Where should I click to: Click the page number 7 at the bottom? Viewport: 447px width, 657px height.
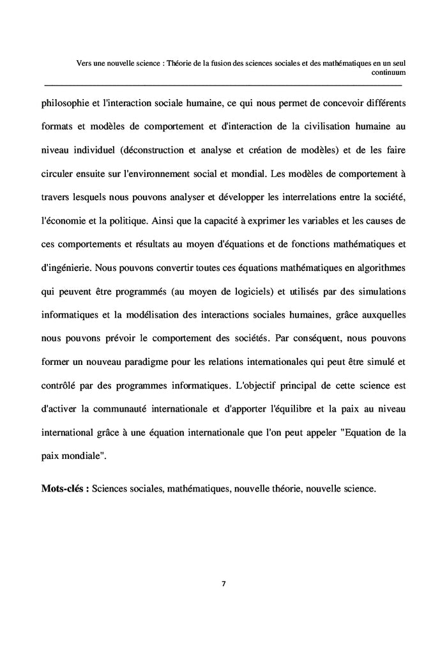pyautogui.click(x=223, y=584)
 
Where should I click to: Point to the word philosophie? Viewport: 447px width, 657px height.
pyautogui.click(x=66, y=102)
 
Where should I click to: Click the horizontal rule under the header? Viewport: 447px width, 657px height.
pyautogui.click(x=223, y=84)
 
